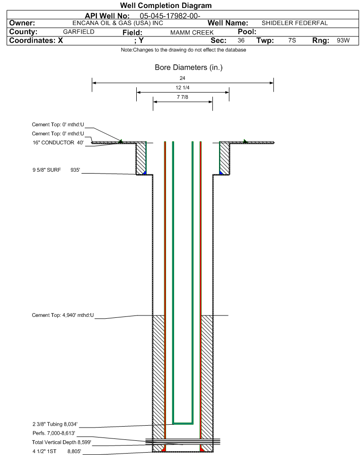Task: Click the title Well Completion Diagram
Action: (x=166, y=6)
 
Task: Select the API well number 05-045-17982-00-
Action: (x=170, y=16)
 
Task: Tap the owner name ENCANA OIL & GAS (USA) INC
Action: (x=118, y=23)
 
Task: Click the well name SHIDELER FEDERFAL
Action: (x=295, y=23)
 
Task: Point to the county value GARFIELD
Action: (x=79, y=32)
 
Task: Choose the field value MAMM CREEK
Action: (x=192, y=33)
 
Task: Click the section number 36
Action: (x=241, y=40)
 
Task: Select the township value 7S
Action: (x=292, y=40)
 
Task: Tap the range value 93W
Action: (x=343, y=40)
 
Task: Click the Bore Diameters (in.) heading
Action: (x=189, y=68)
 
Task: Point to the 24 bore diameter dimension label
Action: (x=182, y=78)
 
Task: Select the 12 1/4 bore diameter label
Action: (x=183, y=87)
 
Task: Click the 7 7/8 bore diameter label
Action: (x=183, y=97)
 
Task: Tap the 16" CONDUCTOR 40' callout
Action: (x=58, y=143)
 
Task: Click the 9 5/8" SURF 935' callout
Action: (x=56, y=170)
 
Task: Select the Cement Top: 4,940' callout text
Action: (x=63, y=315)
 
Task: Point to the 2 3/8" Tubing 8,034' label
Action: (x=55, y=424)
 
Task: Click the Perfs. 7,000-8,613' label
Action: (x=54, y=433)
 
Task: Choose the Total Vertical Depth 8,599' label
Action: (x=61, y=442)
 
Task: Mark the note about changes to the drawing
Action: (x=184, y=50)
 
